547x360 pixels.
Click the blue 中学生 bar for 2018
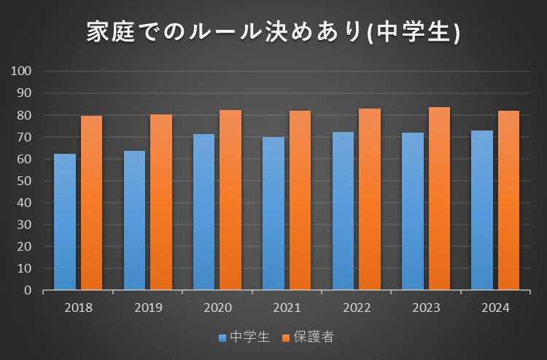pyautogui.click(x=65, y=222)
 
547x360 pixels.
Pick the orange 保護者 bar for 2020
pyautogui.click(x=230, y=200)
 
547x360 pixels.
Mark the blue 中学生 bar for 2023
pyautogui.click(x=412, y=211)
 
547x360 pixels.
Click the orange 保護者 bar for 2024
pyautogui.click(x=508, y=200)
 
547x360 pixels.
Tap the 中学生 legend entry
pyautogui.click(x=245, y=337)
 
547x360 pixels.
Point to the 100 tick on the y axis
pyautogui.click(x=22, y=71)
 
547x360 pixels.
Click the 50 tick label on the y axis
pyautogui.click(x=25, y=181)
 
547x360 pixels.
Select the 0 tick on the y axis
pyautogui.click(x=28, y=290)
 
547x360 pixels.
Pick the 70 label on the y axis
pyautogui.click(x=25, y=137)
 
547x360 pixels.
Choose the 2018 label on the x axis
pyautogui.click(x=78, y=308)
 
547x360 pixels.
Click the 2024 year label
pyautogui.click(x=495, y=308)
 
